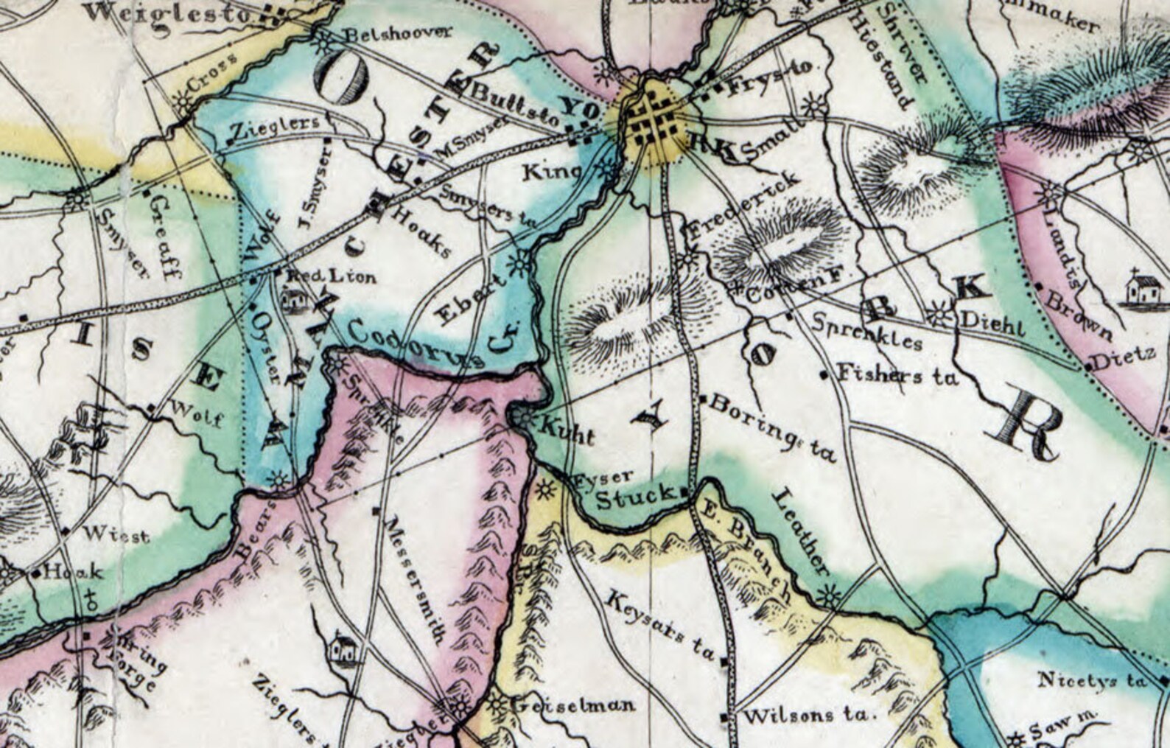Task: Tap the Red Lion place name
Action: (330, 277)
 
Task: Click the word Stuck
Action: (634, 498)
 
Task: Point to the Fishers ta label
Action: (898, 376)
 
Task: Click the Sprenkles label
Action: (866, 332)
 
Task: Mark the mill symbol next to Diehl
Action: (938, 316)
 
